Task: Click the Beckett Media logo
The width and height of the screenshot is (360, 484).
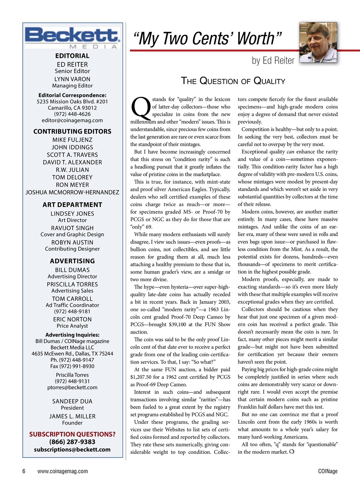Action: coord(72,37)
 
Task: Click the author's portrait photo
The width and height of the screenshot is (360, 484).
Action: coord(318,43)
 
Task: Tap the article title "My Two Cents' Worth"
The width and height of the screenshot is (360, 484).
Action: coord(207,39)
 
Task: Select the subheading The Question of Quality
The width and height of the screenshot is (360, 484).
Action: coord(233,81)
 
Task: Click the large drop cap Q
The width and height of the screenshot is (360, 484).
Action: coord(140,107)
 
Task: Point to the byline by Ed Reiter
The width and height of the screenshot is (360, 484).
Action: coord(273,60)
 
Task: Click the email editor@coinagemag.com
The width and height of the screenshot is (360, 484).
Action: coord(72,120)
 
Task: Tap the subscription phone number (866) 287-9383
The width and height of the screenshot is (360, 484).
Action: coord(72,442)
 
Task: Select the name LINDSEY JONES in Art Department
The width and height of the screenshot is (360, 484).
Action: coord(72,214)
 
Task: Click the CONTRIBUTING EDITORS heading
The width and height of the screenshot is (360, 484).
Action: coord(72,132)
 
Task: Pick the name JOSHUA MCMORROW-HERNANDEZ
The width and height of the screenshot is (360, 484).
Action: coord(72,192)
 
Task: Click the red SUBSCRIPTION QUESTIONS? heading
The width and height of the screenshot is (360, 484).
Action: coord(72,434)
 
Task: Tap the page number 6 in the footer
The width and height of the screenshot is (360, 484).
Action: coord(24,471)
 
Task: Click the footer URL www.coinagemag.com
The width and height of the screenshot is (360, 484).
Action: coord(63,471)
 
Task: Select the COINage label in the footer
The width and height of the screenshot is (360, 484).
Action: coord(328,471)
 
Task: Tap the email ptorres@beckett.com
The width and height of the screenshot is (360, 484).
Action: coord(72,387)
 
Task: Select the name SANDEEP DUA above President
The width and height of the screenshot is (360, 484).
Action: coord(72,401)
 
